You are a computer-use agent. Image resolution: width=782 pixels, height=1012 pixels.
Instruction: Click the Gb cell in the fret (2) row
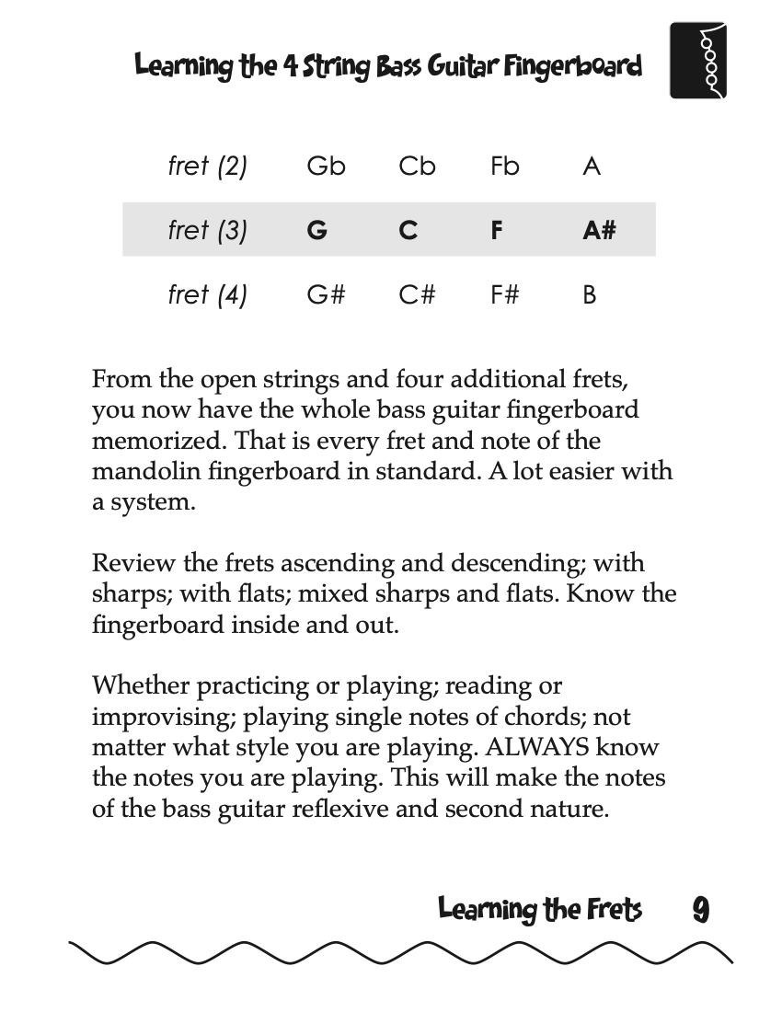pyautogui.click(x=326, y=167)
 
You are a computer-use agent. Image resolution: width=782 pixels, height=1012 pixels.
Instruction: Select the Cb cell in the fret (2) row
pyautogui.click(x=417, y=167)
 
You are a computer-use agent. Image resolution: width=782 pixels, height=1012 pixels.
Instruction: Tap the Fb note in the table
pyautogui.click(x=505, y=167)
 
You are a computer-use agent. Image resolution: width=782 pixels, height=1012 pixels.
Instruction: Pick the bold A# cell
pyautogui.click(x=599, y=230)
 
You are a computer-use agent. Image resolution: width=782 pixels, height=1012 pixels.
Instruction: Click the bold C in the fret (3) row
pyautogui.click(x=408, y=230)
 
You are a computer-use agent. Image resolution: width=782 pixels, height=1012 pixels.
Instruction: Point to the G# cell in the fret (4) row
pyautogui.click(x=326, y=295)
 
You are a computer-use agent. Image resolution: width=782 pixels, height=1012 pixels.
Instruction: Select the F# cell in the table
pyautogui.click(x=505, y=295)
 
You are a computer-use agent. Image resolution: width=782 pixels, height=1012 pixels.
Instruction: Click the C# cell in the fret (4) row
pyautogui.click(x=417, y=295)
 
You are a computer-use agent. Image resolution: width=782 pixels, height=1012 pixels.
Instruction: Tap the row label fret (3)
pyautogui.click(x=208, y=230)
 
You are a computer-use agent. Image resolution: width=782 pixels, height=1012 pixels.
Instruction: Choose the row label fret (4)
pyautogui.click(x=208, y=295)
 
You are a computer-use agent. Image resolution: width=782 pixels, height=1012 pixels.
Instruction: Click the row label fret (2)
pyautogui.click(x=208, y=167)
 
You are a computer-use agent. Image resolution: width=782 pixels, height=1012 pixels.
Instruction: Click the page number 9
pyautogui.click(x=700, y=910)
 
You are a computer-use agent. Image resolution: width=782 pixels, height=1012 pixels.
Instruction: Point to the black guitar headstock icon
pyautogui.click(x=698, y=61)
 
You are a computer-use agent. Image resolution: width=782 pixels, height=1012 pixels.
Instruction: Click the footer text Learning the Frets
pyautogui.click(x=539, y=910)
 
